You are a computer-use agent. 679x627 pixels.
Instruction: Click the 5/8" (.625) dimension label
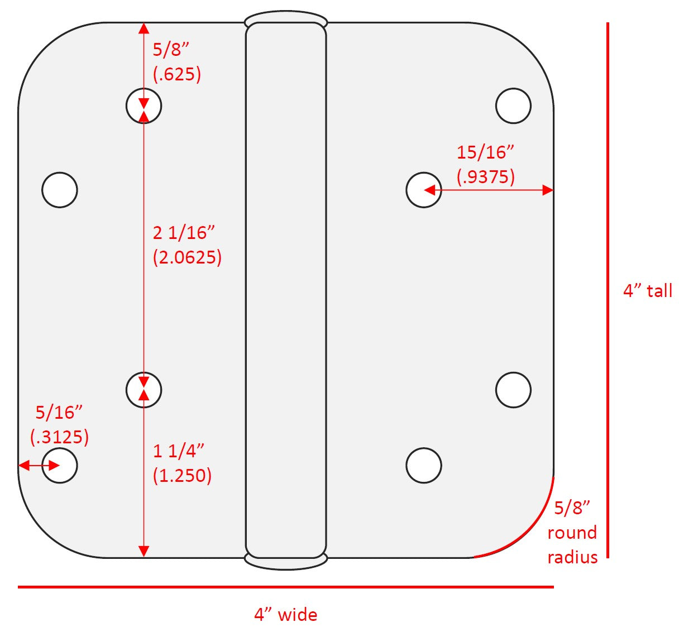point(177,62)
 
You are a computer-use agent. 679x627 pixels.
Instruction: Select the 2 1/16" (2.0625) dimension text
point(187,245)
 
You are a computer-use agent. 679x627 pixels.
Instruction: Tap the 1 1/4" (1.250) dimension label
point(182,463)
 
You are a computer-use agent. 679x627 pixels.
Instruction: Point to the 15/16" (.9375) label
point(485,164)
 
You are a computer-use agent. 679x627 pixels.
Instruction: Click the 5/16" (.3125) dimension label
point(59,425)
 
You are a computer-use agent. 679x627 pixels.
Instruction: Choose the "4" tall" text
point(648,291)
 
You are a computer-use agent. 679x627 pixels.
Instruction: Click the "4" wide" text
point(286,614)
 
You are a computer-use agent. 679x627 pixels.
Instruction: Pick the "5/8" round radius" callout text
point(572,532)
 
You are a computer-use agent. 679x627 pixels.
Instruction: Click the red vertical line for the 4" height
point(608,290)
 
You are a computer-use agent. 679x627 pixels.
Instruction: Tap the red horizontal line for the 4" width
point(286,587)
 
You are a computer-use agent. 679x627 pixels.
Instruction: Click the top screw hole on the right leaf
point(513,106)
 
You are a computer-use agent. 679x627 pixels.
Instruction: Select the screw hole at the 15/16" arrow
point(424,190)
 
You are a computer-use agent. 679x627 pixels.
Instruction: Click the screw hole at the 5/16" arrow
point(60,465)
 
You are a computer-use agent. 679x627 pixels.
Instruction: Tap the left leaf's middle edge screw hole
point(60,190)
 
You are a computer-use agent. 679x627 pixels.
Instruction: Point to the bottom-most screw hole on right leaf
point(424,465)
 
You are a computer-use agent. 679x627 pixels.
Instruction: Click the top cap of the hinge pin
point(286,18)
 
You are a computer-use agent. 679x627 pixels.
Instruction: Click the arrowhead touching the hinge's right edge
point(548,190)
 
